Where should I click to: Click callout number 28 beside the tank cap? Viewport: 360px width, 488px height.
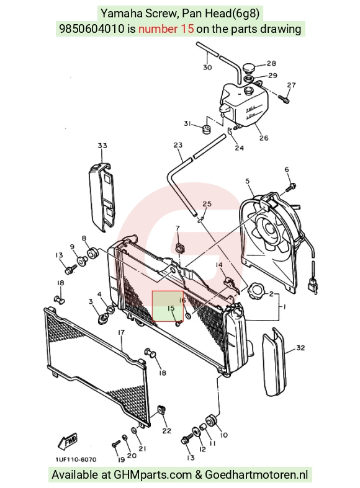271,63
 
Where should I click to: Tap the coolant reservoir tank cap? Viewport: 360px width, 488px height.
249,68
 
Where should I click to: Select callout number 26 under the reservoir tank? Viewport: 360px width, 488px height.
263,138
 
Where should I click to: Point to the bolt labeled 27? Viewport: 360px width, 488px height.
284,99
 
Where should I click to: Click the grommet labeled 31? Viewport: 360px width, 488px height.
206,129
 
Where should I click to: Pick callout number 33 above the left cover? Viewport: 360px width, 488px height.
102,145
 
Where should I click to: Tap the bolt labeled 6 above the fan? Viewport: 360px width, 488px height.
290,188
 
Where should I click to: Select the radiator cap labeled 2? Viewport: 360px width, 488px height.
255,291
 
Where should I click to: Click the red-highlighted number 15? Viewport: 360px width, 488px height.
171,308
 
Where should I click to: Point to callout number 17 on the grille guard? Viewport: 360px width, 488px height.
121,332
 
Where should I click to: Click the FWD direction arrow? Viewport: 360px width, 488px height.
67,441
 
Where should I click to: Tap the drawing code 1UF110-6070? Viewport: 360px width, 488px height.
76,459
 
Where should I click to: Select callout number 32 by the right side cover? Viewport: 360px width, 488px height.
300,347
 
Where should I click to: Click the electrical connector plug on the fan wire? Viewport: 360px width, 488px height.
313,284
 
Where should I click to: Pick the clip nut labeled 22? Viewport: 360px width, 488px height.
161,410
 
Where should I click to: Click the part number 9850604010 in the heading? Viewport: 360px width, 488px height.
92,29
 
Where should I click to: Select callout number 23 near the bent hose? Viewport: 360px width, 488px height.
178,145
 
